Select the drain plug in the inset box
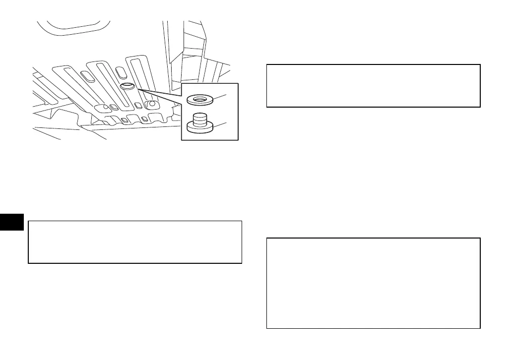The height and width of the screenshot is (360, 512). [x=200, y=123]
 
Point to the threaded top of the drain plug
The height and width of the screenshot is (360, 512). [x=200, y=118]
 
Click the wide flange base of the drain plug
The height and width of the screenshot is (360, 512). [x=200, y=128]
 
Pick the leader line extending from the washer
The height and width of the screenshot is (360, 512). [x=221, y=95]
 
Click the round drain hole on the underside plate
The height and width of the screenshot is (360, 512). [x=126, y=86]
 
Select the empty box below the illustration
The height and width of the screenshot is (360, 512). [x=135, y=242]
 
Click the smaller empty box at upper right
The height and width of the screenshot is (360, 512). [x=373, y=85]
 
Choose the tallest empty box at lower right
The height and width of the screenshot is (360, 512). [x=373, y=283]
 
